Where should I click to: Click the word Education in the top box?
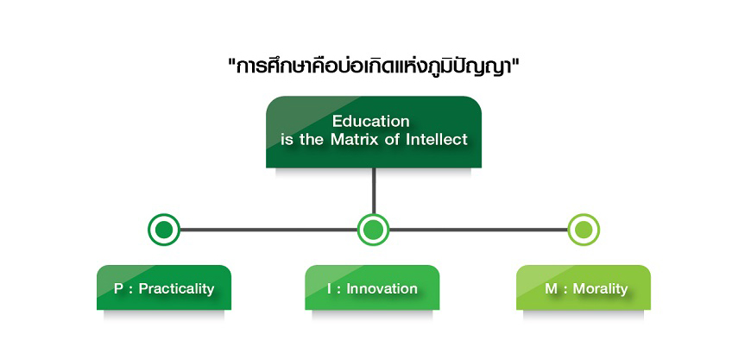pos(371,121)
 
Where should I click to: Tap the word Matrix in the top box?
pos(353,140)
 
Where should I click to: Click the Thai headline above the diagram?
pos(375,67)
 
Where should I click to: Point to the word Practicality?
pos(176,289)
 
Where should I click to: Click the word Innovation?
pos(382,288)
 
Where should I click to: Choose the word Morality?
pos(600,288)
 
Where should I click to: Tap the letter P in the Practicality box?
pos(118,289)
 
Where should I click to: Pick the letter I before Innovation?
pos(330,289)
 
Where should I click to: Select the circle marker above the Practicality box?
pos(164,230)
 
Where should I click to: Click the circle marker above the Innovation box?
pos(374,230)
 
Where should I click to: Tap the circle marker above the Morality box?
pos(584,230)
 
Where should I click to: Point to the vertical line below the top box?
pos(374,191)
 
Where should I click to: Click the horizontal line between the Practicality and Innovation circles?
pos(268,230)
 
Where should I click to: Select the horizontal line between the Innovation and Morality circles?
pos(478,230)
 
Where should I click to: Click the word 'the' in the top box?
pos(312,140)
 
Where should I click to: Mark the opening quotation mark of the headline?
pos(232,62)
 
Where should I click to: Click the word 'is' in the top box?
pos(287,140)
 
